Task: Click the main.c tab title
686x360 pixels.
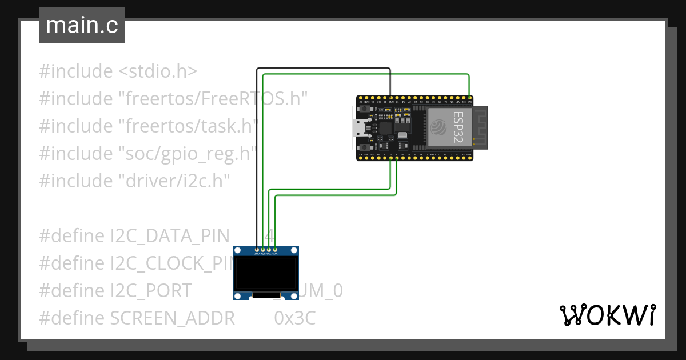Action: (82, 25)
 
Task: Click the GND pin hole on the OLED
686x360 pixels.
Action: (256, 249)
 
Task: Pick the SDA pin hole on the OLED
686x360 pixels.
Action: (275, 249)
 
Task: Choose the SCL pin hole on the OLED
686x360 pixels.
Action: (269, 249)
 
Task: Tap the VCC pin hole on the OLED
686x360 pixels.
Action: (262, 249)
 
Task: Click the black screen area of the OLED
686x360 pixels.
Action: (265, 273)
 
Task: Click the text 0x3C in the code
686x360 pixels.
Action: (295, 318)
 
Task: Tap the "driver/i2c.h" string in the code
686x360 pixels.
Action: (174, 181)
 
